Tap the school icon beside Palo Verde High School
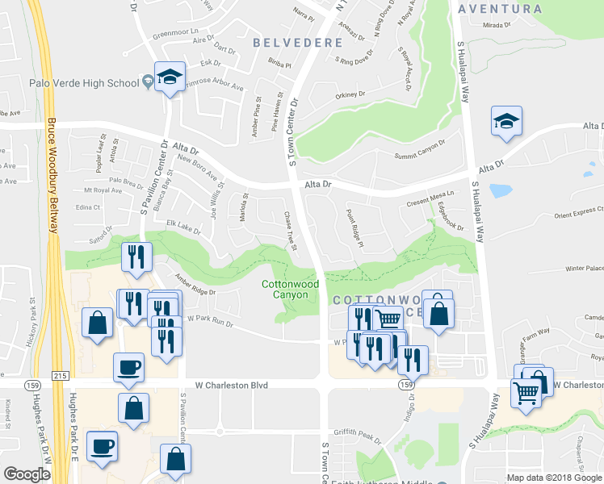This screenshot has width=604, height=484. click(x=170, y=77)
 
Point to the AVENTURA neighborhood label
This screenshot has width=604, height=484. click(x=499, y=9)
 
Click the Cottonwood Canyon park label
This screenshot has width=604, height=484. click(x=291, y=290)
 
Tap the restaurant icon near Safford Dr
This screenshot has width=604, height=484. click(x=135, y=257)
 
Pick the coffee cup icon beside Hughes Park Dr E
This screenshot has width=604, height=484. click(x=103, y=446)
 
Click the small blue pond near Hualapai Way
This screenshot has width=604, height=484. click(x=500, y=191)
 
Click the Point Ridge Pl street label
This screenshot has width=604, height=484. click(x=354, y=228)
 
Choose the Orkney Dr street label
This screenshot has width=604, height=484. click(x=350, y=94)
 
